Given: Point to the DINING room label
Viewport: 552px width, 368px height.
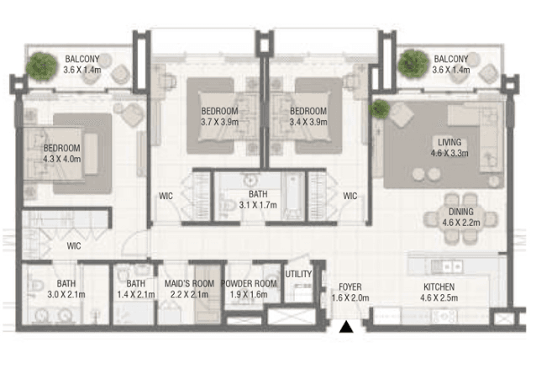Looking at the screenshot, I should coord(460,212).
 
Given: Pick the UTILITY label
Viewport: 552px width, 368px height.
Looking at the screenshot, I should coord(297,274).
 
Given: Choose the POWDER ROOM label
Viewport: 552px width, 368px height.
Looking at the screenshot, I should coord(250,284).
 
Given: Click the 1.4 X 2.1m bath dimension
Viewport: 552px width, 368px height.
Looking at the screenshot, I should coord(134,296).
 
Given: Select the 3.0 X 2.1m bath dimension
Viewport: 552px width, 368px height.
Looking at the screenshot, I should coord(66,296).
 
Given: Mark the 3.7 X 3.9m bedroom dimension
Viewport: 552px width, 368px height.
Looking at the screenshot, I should coord(220,123).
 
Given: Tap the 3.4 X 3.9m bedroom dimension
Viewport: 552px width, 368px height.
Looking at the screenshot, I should coord(308,123).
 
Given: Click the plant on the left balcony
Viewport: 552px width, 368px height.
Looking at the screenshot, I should coord(40,64).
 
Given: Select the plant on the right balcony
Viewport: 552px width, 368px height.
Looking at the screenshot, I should coord(412,62).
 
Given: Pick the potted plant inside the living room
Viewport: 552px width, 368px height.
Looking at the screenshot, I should coord(380,108).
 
